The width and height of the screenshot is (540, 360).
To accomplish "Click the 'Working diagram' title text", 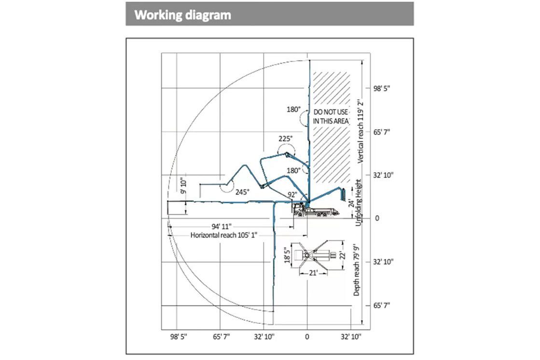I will [183, 14].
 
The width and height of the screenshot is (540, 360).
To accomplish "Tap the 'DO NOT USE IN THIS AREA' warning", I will [331, 116].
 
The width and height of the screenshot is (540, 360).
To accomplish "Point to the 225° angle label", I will [285, 138].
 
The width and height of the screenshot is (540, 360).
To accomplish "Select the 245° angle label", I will [242, 192].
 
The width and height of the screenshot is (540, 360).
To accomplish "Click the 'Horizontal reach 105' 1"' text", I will [224, 235].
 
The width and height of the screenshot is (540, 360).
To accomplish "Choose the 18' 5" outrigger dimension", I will [288, 256].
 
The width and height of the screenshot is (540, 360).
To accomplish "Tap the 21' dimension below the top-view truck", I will [313, 273].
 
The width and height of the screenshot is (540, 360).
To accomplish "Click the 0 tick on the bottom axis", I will [307, 336].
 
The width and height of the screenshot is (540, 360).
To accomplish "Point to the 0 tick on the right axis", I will [377, 218].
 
